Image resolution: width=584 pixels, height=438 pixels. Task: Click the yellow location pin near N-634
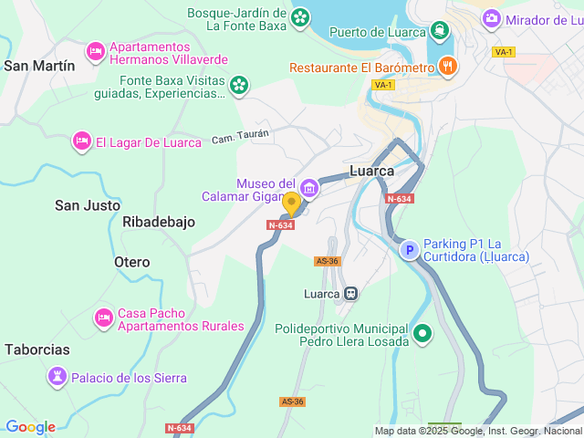point(291,203)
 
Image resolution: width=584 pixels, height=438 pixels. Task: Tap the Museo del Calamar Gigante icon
point(309,189)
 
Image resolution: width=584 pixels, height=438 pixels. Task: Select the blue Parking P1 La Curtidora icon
point(410,249)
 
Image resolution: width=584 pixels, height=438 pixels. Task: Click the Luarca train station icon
point(350,294)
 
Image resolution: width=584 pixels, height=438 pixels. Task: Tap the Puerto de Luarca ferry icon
point(441,31)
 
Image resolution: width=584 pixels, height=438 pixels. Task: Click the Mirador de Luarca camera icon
point(492,18)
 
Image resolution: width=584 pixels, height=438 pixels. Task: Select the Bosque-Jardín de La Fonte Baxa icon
point(299,17)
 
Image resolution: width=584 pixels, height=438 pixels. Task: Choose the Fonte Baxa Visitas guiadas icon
point(238,86)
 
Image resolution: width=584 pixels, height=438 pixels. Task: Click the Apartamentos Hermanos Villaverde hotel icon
point(95,52)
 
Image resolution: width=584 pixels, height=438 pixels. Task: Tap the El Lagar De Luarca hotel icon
point(81,141)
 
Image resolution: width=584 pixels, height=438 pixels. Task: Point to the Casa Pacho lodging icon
point(103,318)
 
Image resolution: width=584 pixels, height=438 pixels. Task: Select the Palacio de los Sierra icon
point(57,377)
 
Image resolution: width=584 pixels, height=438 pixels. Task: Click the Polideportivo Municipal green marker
point(422,334)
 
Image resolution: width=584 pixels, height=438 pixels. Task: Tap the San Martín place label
point(39,66)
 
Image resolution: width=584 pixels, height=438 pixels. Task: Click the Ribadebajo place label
point(158,222)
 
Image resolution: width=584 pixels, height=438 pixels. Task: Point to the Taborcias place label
point(36,349)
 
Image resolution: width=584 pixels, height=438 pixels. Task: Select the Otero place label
point(131,262)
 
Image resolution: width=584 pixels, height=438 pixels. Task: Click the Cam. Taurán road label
point(241,137)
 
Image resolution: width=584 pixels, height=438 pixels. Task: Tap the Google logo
point(29,427)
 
